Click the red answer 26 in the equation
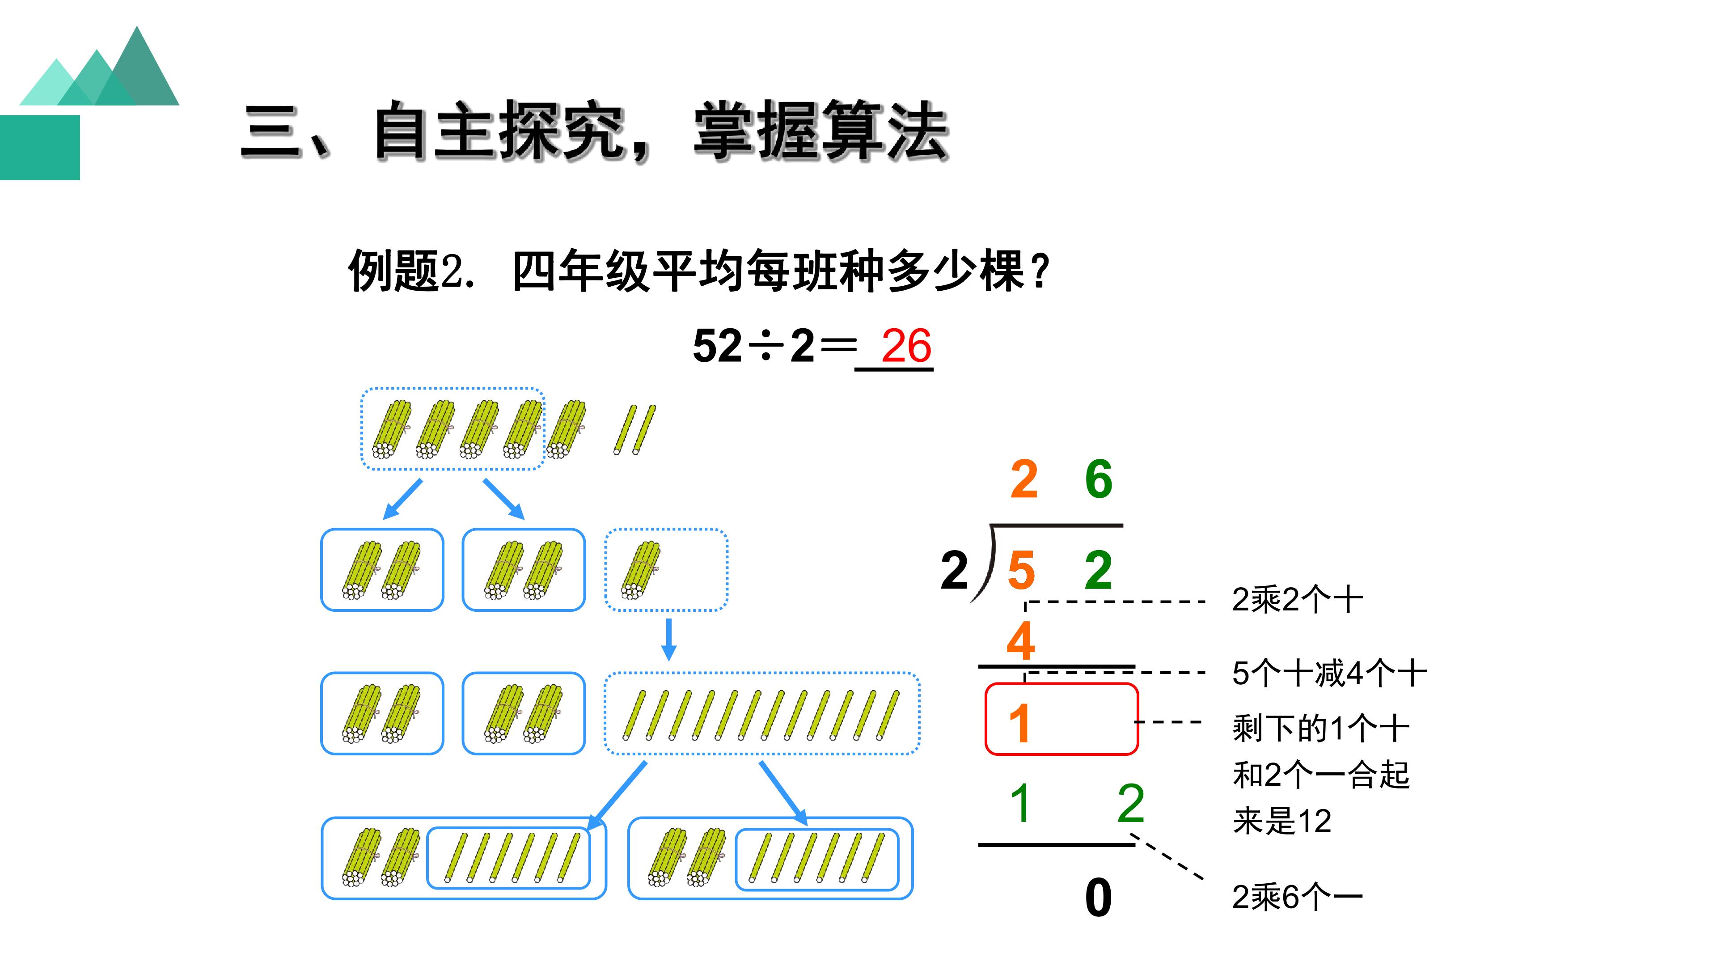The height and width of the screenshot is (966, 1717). (x=906, y=346)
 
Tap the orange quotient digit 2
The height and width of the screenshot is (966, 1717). (x=1024, y=479)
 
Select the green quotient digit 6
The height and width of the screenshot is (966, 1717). (x=1099, y=479)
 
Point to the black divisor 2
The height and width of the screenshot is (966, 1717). (x=954, y=570)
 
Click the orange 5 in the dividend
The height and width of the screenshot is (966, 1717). (x=1021, y=570)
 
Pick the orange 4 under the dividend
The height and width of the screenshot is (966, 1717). (x=1020, y=641)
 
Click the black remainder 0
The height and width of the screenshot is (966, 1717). (x=1099, y=897)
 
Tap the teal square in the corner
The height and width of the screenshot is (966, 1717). (x=40, y=147)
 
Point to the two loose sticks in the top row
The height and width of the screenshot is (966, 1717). (x=634, y=430)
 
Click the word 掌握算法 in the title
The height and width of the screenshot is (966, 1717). (x=821, y=131)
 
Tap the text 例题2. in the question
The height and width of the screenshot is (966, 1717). (x=412, y=271)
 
